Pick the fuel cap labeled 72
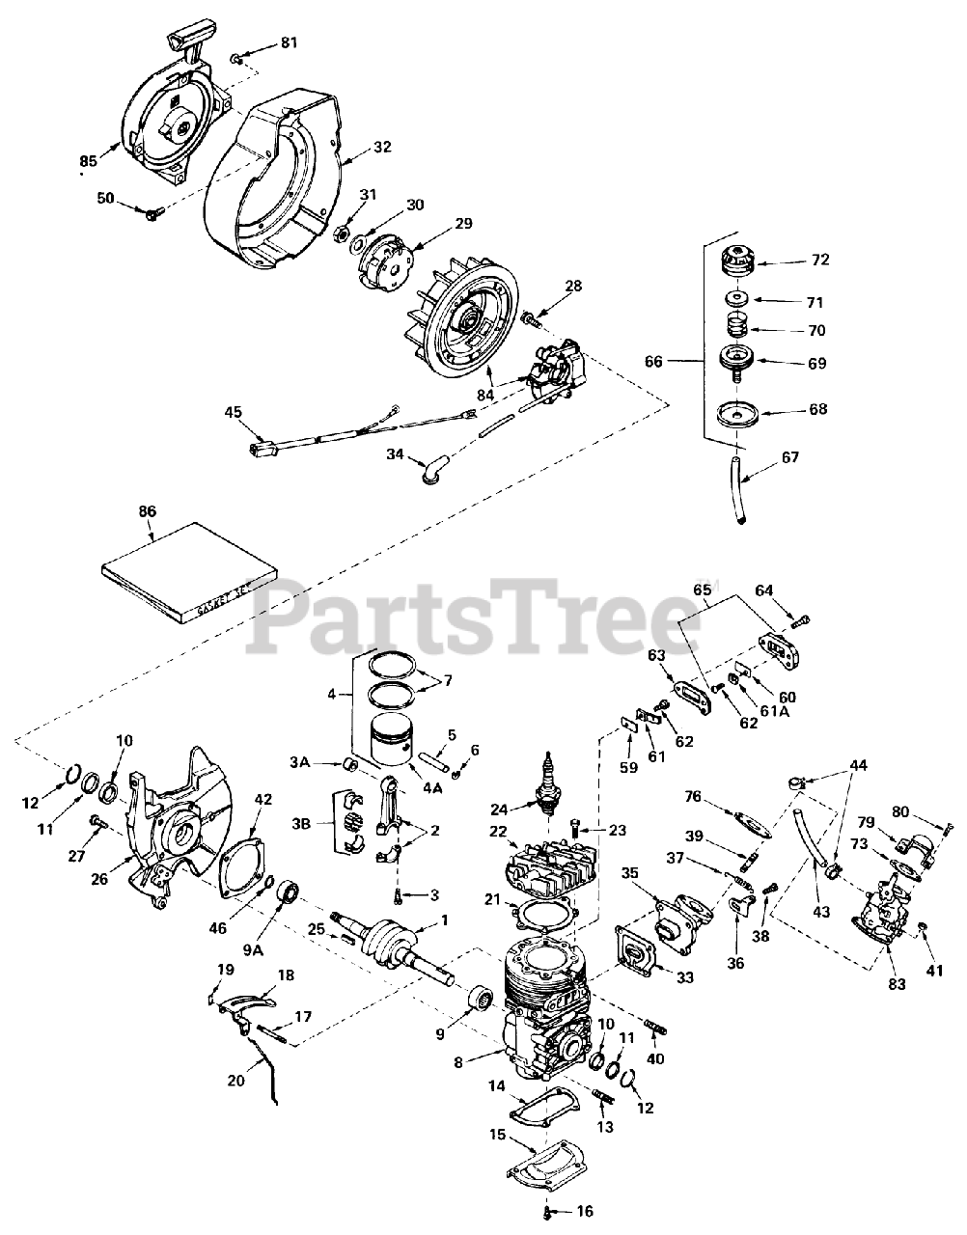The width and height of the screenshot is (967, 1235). (x=739, y=261)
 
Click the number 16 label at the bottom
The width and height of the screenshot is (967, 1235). (x=586, y=1212)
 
